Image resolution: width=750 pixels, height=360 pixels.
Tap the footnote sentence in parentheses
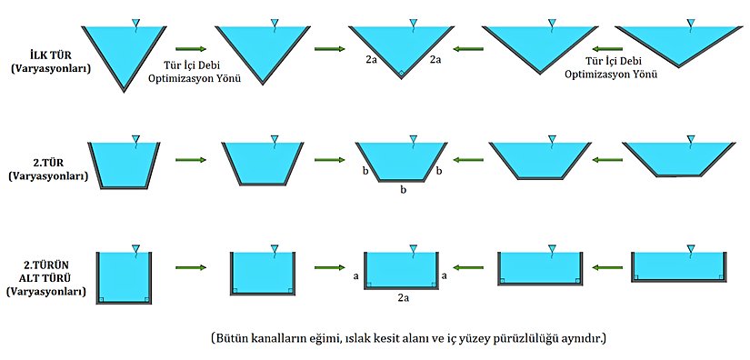coord(407,338)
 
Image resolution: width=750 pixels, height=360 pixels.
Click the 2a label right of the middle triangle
coord(435,60)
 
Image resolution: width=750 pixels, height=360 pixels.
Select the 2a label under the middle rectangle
coord(403,296)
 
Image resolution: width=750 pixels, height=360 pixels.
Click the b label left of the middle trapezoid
coord(364,170)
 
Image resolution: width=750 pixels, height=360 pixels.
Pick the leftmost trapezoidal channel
coord(124,165)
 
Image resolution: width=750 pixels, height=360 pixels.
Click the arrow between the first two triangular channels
coord(190,50)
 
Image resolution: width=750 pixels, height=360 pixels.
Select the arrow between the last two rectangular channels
coord(607,268)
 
